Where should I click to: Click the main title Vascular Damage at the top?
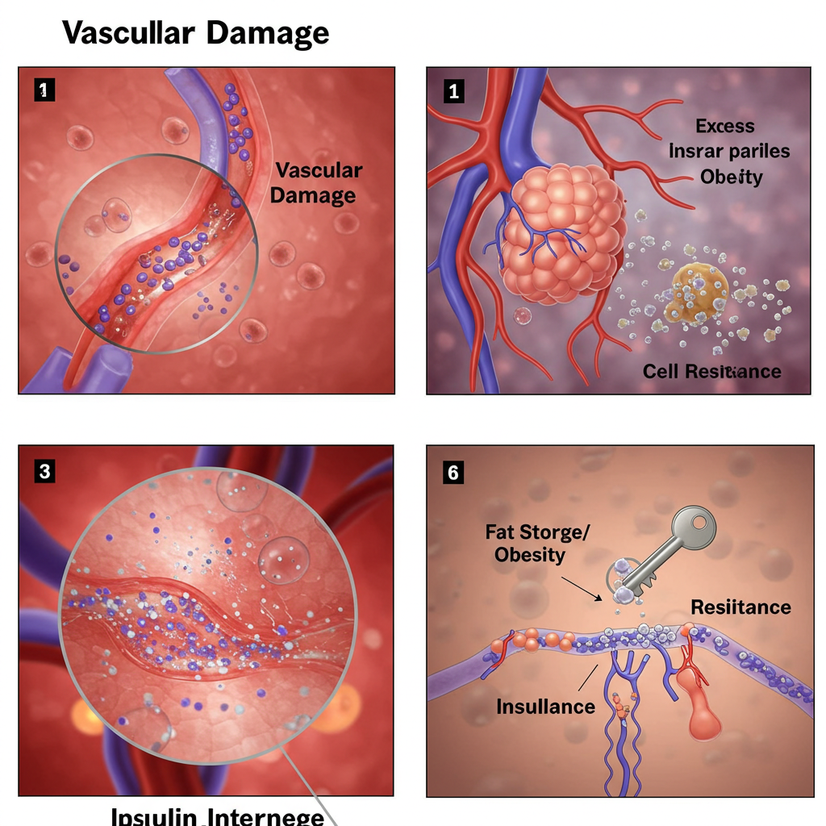pyautogui.click(x=195, y=33)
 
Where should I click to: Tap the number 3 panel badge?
pyautogui.click(x=44, y=472)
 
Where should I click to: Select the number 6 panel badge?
pyautogui.click(x=453, y=472)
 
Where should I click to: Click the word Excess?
pyautogui.click(x=725, y=126)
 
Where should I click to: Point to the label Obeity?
pyautogui.click(x=731, y=177)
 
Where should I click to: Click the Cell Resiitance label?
pyautogui.click(x=711, y=371)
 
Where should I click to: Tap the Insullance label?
pyautogui.click(x=545, y=707)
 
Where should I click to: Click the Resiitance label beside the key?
pyautogui.click(x=740, y=607)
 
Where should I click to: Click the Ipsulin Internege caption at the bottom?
pyautogui.click(x=218, y=815)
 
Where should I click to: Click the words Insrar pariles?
pyautogui.click(x=729, y=151)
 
